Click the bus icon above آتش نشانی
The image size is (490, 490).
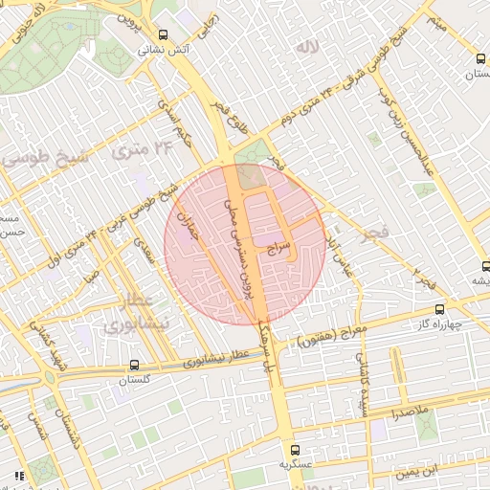coord(162,34)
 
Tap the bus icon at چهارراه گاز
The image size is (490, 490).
coord(439,309)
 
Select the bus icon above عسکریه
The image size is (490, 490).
coord(295,448)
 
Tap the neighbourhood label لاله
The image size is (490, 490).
coord(306,47)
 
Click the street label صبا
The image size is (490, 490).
coord(91,278)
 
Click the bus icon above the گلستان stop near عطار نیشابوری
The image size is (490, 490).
coord(133,365)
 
